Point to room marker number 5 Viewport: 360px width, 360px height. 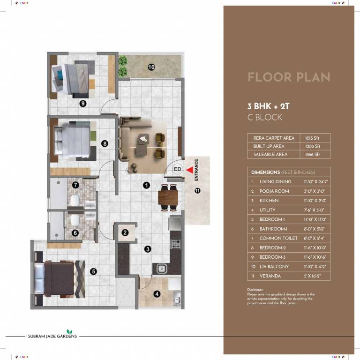pos(94,271)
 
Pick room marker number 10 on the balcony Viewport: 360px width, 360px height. pos(151,67)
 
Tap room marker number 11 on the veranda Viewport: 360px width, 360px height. pos(197,190)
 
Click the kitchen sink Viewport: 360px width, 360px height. pos(161,269)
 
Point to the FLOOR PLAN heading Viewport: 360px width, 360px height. pos(288,77)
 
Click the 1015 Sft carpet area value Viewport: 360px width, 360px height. pos(312,138)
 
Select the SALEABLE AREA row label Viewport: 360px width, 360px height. pos(270,154)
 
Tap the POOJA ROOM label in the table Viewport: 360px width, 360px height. pos(274,191)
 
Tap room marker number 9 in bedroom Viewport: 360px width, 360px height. pos(82,104)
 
